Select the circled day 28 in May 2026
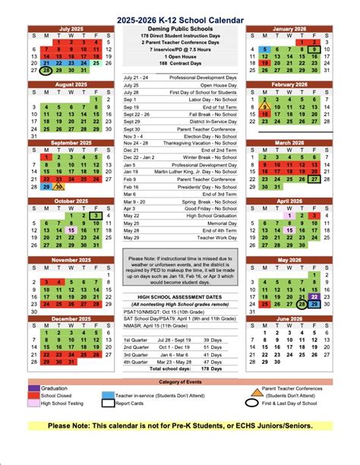(x=302, y=303)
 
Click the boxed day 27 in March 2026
(x=314, y=179)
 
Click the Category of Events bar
(x=179, y=381)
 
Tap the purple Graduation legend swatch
(x=33, y=387)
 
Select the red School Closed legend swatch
(x=33, y=396)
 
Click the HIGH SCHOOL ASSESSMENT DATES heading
(x=179, y=296)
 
